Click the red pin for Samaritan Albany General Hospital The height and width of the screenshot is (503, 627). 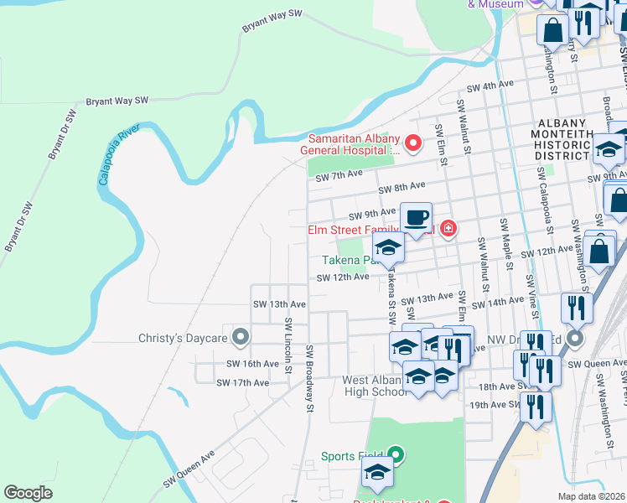pyautogui.click(x=412, y=144)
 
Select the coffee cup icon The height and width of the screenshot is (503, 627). pyautogui.click(x=417, y=220)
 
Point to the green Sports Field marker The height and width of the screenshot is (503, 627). pyautogui.click(x=396, y=456)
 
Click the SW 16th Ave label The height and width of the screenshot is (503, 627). pyautogui.click(x=252, y=364)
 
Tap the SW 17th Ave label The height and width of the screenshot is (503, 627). pyautogui.click(x=242, y=382)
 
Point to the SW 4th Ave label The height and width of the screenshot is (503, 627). pyautogui.click(x=490, y=86)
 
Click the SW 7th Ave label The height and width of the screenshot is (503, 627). pyautogui.click(x=339, y=174)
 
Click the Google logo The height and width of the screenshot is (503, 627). pyautogui.click(x=28, y=493)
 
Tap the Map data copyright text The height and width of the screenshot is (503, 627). pyautogui.click(x=592, y=496)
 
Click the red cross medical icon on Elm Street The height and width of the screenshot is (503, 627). pyautogui.click(x=448, y=229)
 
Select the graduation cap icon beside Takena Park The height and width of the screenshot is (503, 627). pyautogui.click(x=388, y=247)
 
